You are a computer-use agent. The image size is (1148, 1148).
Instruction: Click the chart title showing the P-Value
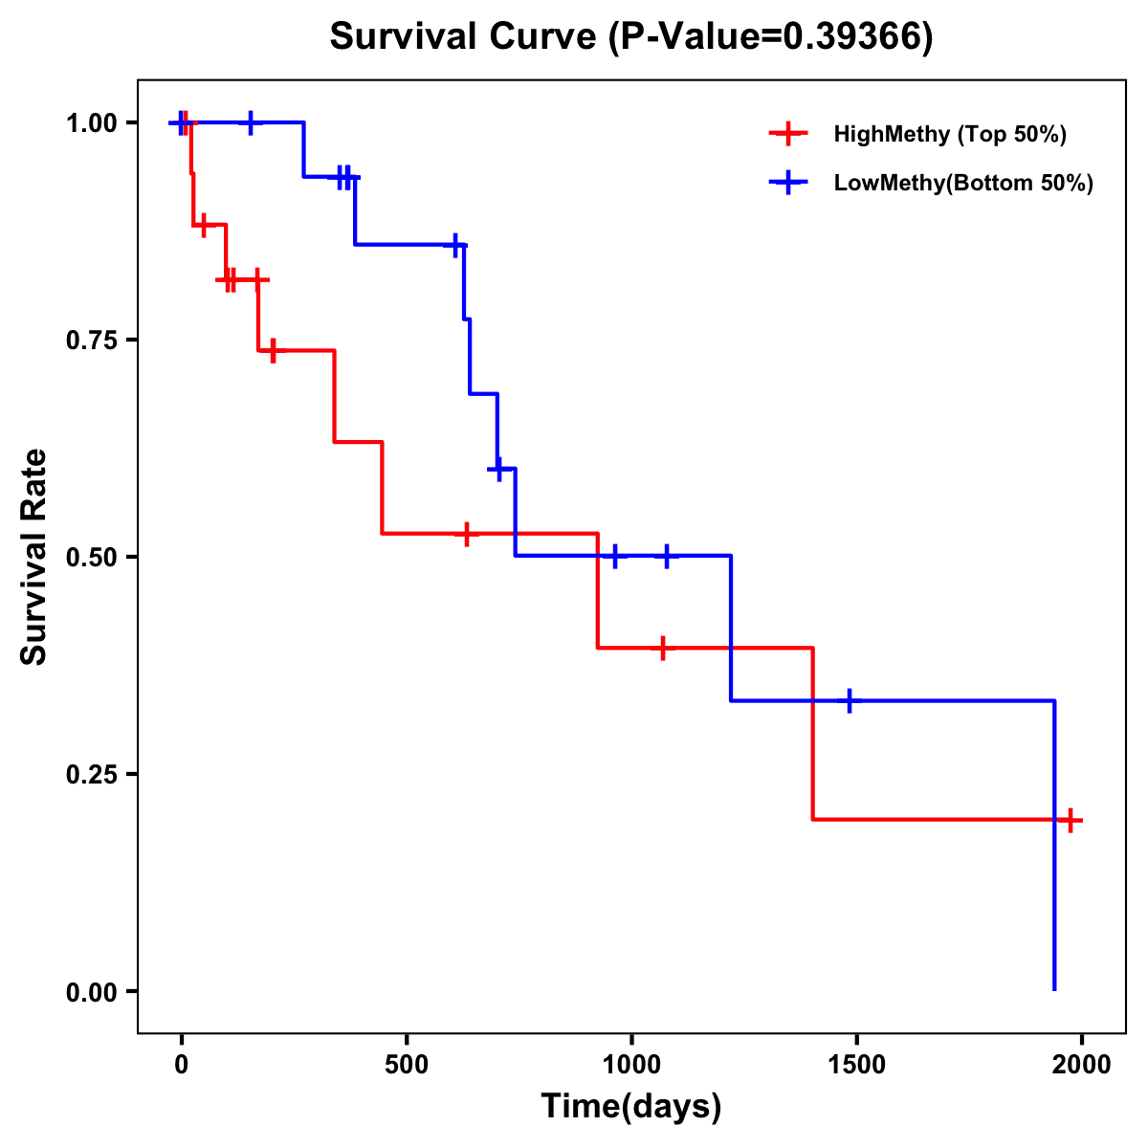(630, 37)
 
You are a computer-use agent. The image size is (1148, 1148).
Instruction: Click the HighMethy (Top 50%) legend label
(949, 134)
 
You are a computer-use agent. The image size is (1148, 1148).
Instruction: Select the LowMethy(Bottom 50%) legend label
(962, 183)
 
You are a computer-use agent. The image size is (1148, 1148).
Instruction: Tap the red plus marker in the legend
(787, 134)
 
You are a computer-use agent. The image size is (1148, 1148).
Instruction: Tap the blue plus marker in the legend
(787, 183)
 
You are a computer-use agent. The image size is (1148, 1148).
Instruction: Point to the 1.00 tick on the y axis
(92, 123)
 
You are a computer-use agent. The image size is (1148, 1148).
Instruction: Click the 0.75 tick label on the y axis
(92, 341)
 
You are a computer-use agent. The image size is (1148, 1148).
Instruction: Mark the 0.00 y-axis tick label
(92, 992)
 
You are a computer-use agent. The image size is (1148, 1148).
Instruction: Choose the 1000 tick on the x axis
(631, 1065)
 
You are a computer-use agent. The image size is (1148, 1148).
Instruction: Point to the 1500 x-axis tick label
(856, 1065)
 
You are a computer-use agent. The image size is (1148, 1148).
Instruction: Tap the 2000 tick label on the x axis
(1081, 1065)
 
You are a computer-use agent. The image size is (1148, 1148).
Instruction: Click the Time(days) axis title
(631, 1107)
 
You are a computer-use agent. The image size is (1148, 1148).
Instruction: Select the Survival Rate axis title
(34, 557)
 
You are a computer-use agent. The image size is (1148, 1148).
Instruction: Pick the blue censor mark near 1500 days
(849, 701)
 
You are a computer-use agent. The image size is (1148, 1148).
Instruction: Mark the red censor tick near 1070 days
(662, 648)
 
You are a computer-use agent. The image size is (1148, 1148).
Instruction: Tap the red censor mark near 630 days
(466, 534)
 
